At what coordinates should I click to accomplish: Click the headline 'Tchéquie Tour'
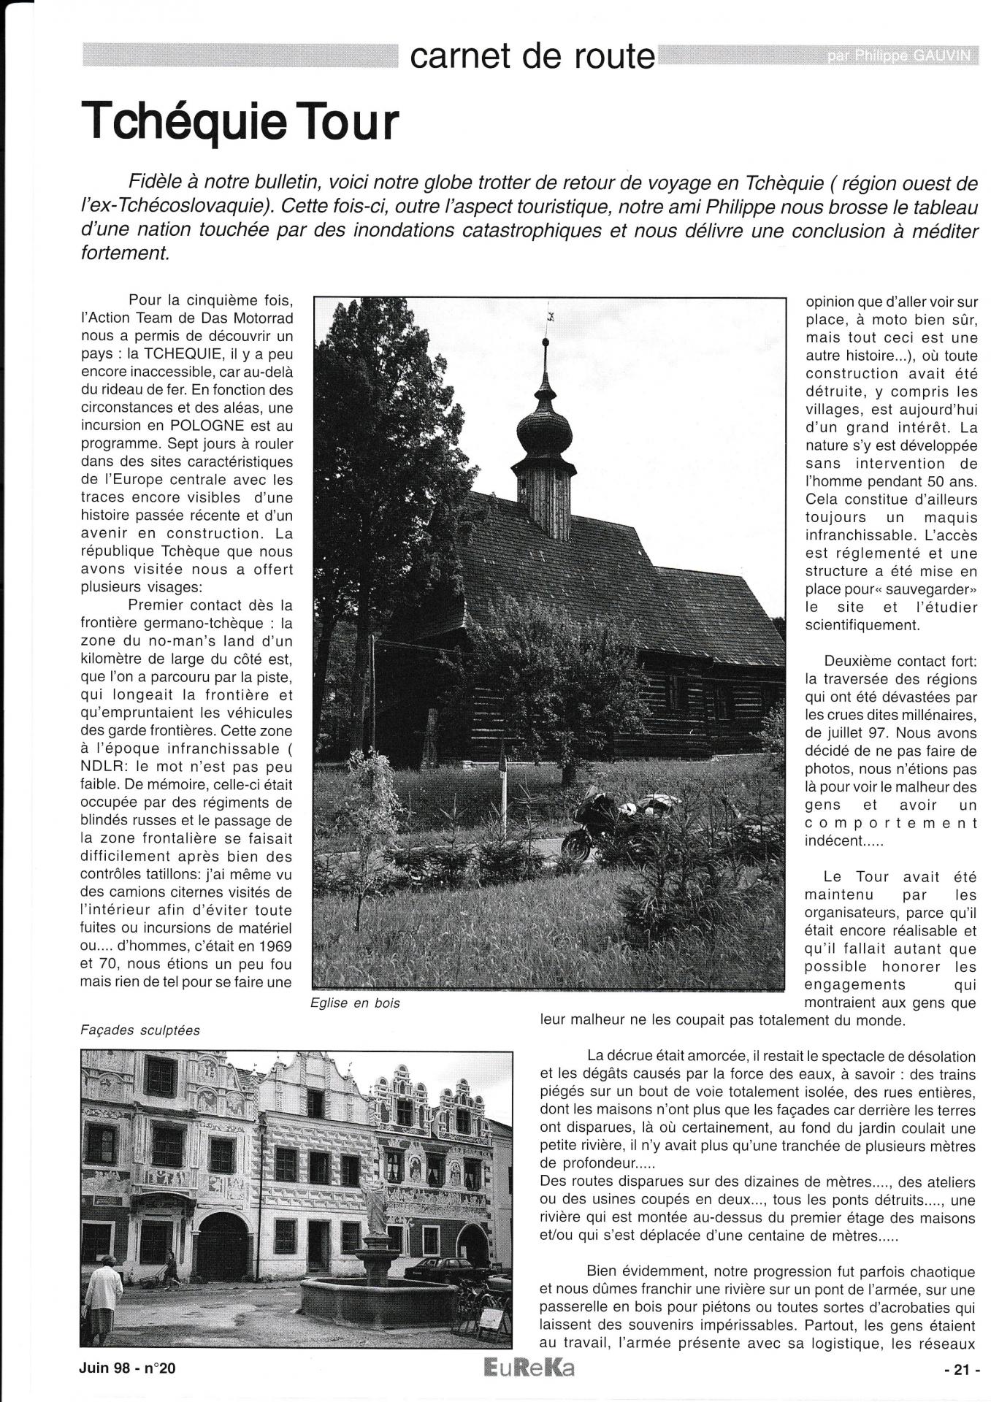pos(242,122)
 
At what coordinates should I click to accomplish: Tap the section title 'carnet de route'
pos(532,55)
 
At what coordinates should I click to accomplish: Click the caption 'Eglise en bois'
pos(356,1003)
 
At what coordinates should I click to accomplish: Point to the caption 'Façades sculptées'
pos(140,1030)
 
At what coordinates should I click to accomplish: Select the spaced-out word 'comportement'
pos(890,823)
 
